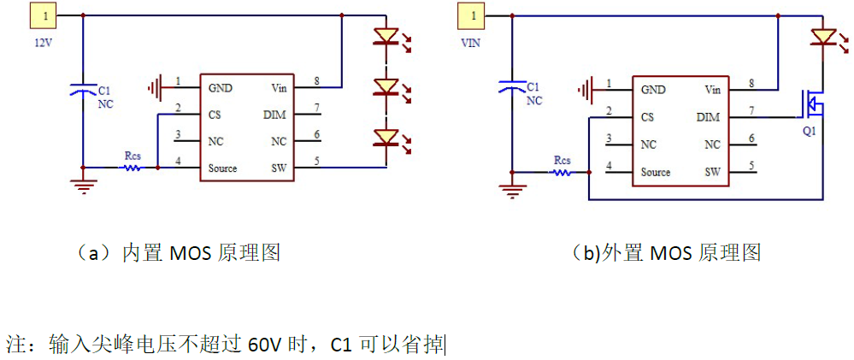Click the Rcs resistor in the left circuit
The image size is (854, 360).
(x=132, y=168)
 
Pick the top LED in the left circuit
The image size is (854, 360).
(x=386, y=37)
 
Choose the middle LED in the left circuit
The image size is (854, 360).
(x=386, y=86)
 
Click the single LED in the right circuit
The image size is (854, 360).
(x=822, y=37)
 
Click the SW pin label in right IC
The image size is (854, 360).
(x=712, y=172)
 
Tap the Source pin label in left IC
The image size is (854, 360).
(x=222, y=168)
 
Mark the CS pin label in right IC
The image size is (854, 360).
(x=647, y=117)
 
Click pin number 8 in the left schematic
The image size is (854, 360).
(x=317, y=81)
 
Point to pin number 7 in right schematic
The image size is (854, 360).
(x=751, y=111)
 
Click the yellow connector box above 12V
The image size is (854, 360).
(x=44, y=15)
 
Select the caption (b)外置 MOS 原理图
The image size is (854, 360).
(x=666, y=253)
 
